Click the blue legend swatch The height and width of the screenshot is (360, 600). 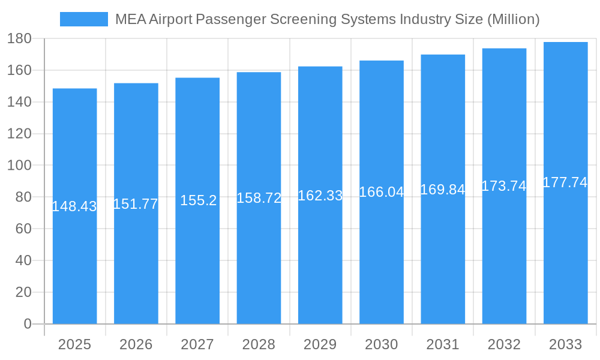[84, 19]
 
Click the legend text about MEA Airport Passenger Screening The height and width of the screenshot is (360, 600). [327, 19]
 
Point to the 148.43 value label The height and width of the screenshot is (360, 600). [74, 206]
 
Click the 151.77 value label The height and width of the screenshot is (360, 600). [136, 204]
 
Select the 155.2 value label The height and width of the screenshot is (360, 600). [198, 200]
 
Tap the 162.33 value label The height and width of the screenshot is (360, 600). [320, 196]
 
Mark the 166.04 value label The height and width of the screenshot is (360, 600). [382, 192]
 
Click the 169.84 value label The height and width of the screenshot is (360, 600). [443, 190]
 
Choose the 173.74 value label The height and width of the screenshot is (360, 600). [504, 186]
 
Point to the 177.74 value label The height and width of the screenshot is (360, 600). [565, 182]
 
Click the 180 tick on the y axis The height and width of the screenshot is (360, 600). [19, 39]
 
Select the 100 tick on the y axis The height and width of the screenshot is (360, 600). [19, 166]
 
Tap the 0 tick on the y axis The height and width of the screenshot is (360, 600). [27, 324]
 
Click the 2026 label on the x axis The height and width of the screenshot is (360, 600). [136, 344]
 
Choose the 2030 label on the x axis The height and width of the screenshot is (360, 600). [382, 344]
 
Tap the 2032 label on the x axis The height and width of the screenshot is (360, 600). [504, 344]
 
